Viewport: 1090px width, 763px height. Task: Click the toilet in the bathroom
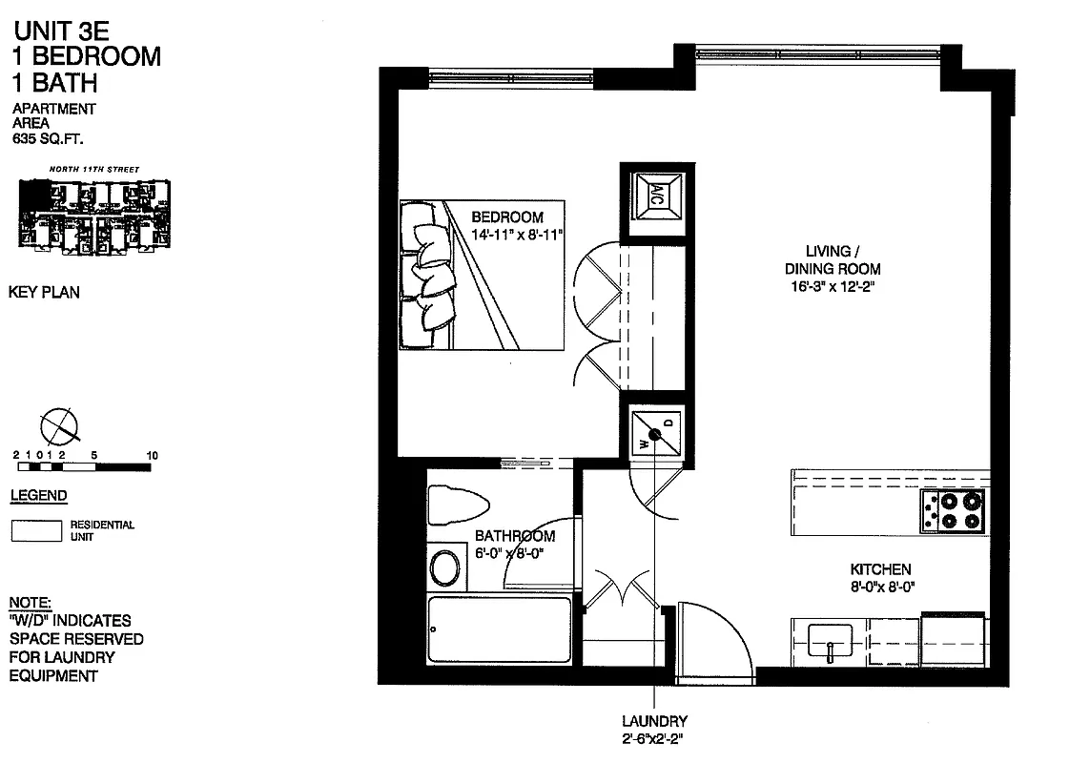pos(453,504)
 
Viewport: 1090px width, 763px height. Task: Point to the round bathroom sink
pos(444,567)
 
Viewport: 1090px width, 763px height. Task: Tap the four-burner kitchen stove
pos(951,511)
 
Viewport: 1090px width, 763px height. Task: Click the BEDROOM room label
pos(507,217)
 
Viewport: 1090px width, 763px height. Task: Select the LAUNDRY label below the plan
pos(654,721)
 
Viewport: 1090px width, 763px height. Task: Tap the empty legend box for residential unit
pos(36,530)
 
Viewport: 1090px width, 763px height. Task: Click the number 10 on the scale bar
pos(152,456)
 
